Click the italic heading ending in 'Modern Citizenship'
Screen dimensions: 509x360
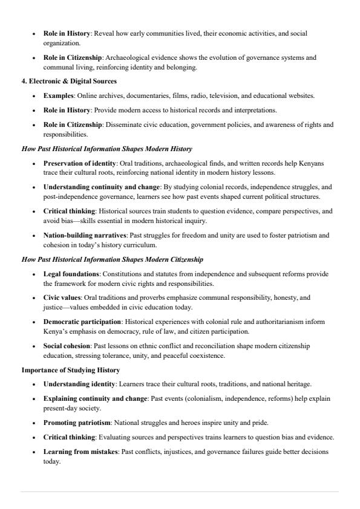pyautogui.click(x=113, y=259)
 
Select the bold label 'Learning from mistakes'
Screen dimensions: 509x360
pyautogui.click(x=80, y=452)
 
